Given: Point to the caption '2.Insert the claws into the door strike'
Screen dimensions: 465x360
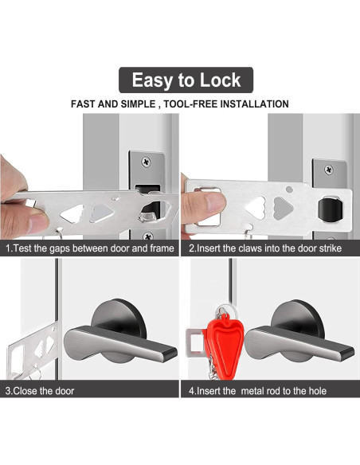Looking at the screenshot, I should point(266,248).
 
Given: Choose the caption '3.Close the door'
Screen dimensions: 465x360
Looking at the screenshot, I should point(41,391).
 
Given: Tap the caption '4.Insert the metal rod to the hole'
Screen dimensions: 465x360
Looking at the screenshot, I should point(258,391).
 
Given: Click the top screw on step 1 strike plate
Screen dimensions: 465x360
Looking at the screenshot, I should point(147,162).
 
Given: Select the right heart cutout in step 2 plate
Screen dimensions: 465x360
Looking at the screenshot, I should point(283,208).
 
